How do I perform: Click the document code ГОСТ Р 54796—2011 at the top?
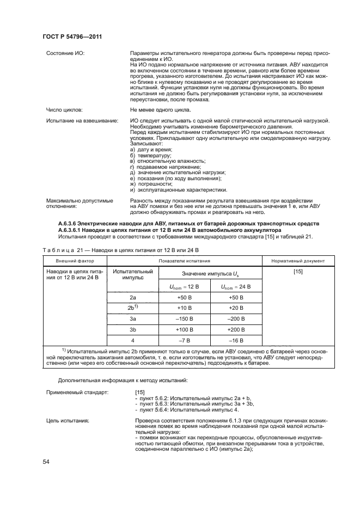point(72,36)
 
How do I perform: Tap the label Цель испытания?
point(68,421)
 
